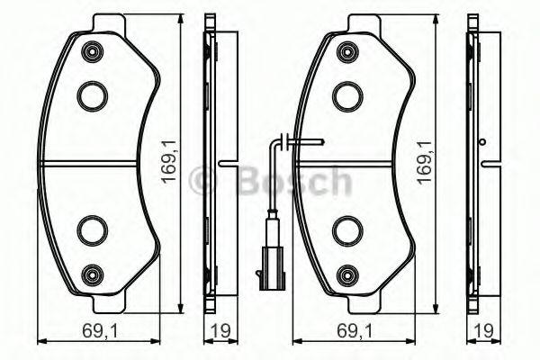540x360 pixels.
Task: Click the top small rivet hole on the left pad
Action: coord(90,53)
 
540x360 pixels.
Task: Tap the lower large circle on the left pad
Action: coord(91,230)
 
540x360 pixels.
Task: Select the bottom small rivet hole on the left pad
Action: coord(90,274)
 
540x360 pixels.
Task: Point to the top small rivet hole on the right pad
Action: coord(346,53)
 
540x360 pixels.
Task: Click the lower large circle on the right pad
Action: coord(346,230)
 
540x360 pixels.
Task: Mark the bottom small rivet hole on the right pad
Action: coord(346,274)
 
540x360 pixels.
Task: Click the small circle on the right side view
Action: coord(483,141)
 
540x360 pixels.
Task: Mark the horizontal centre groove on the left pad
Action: coord(90,163)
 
